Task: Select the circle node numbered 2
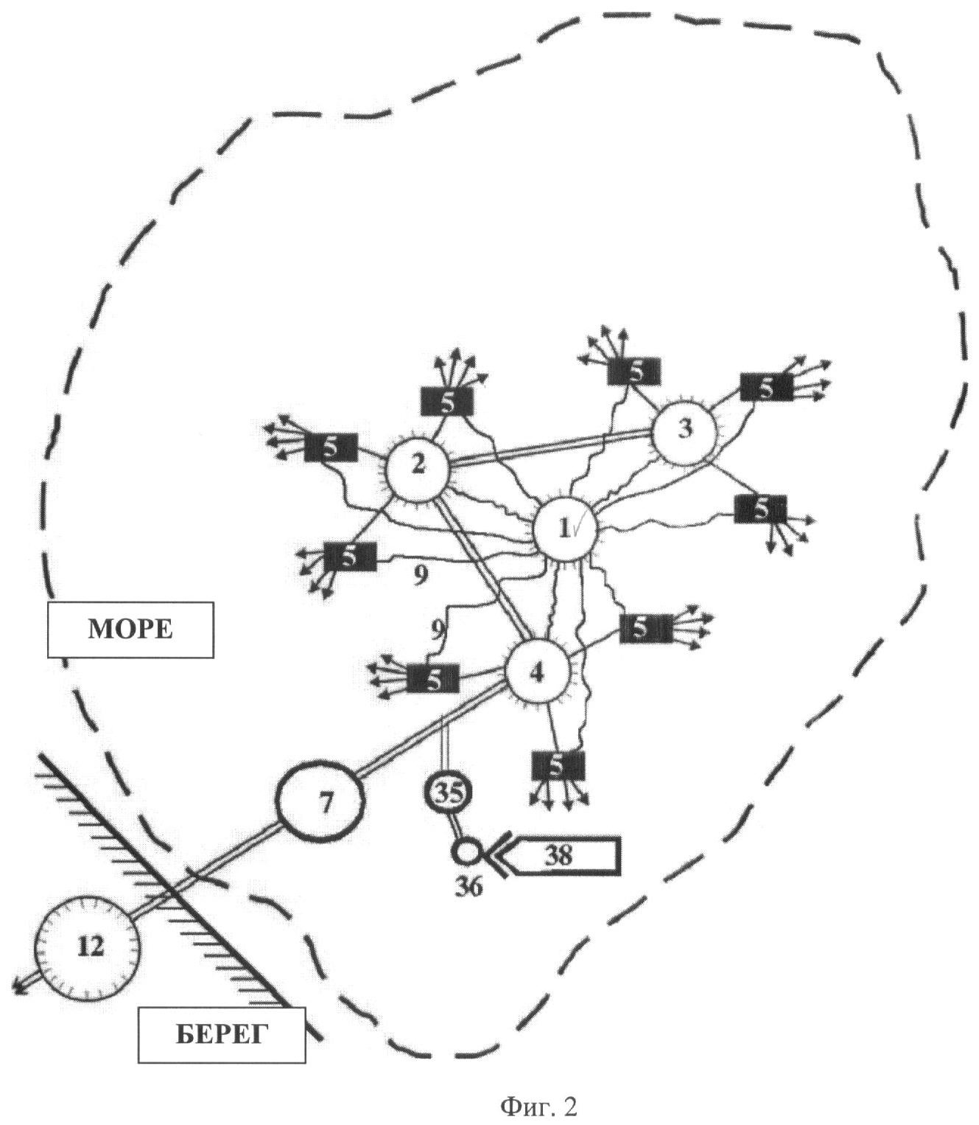pos(418,466)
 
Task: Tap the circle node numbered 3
pos(685,430)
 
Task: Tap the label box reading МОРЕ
pos(130,629)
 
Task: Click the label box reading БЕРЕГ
pos(222,1036)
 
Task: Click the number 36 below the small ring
pos(469,887)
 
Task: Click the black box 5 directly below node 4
pos(558,766)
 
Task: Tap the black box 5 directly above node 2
pos(447,402)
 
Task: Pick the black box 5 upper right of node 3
pos(766,387)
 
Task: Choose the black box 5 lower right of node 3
pos(760,509)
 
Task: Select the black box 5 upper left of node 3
pos(634,371)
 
